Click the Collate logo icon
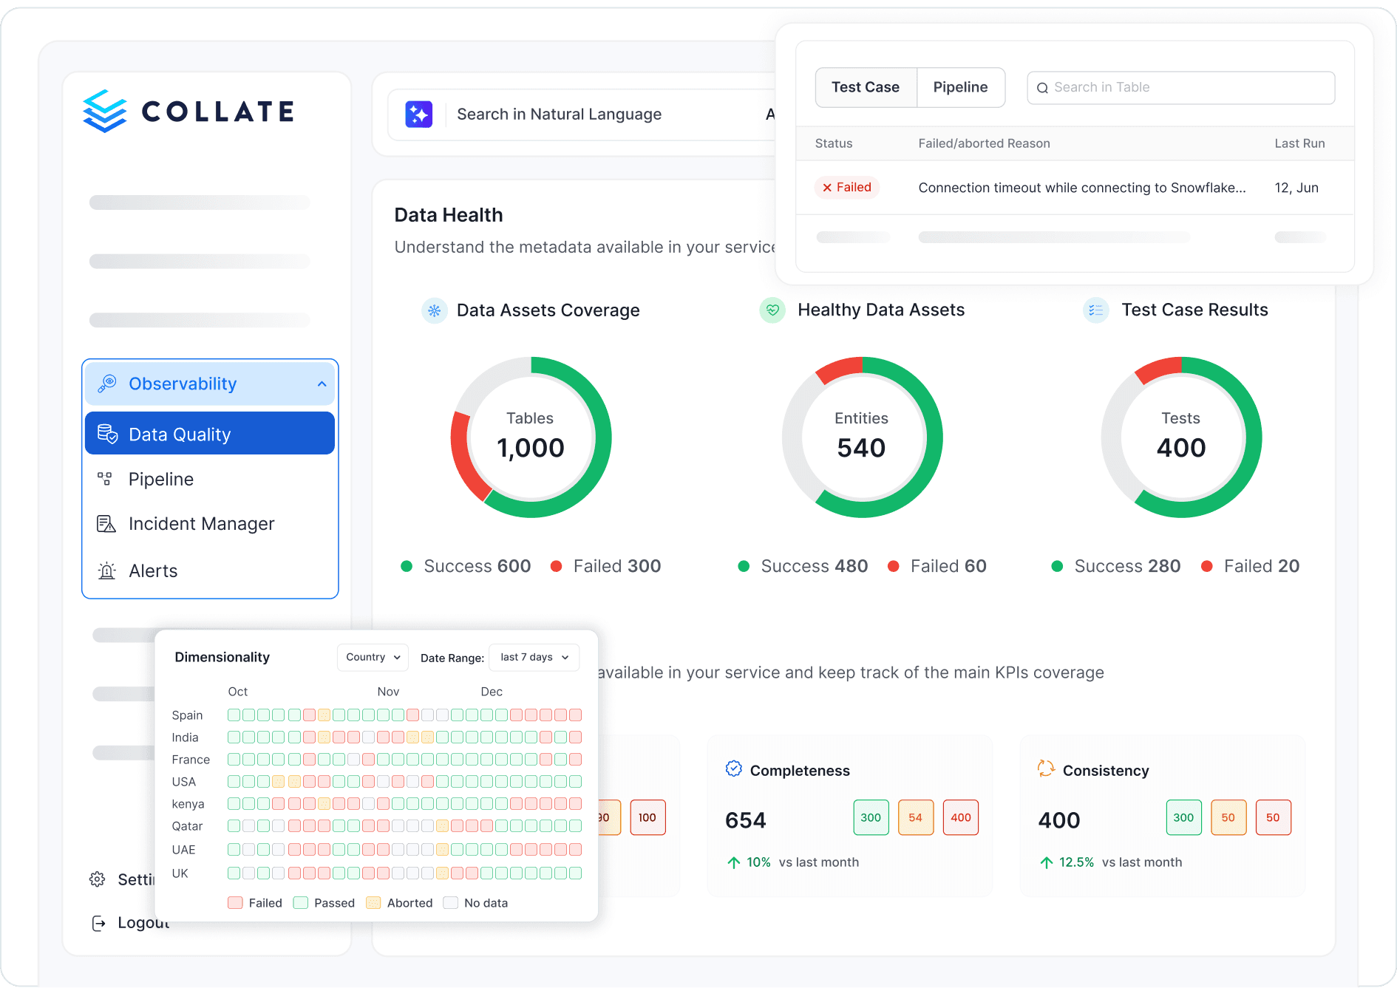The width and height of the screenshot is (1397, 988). [105, 112]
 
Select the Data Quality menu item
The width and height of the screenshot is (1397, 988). [210, 434]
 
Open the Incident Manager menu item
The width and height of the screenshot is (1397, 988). [201, 524]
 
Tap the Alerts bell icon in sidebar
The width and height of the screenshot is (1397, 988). [107, 571]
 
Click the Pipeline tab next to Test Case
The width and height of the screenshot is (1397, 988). [960, 87]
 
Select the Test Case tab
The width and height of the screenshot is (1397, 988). [866, 87]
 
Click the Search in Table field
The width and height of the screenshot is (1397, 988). [1180, 87]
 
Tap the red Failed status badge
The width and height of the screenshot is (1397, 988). [847, 188]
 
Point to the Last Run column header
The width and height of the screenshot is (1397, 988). [1299, 143]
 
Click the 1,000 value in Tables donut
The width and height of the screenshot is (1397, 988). [531, 448]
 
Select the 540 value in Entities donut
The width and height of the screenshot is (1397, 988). [861, 448]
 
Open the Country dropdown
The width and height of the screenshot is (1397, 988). [373, 657]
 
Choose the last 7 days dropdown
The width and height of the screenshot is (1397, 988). [534, 657]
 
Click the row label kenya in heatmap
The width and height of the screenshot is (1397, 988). [188, 804]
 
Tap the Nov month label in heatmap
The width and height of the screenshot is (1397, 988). [388, 692]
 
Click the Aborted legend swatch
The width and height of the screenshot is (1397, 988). [373, 903]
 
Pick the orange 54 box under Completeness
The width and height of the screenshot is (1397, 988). [915, 817]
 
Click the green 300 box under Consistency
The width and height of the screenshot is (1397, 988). [1183, 817]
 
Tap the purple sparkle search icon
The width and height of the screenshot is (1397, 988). [418, 115]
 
